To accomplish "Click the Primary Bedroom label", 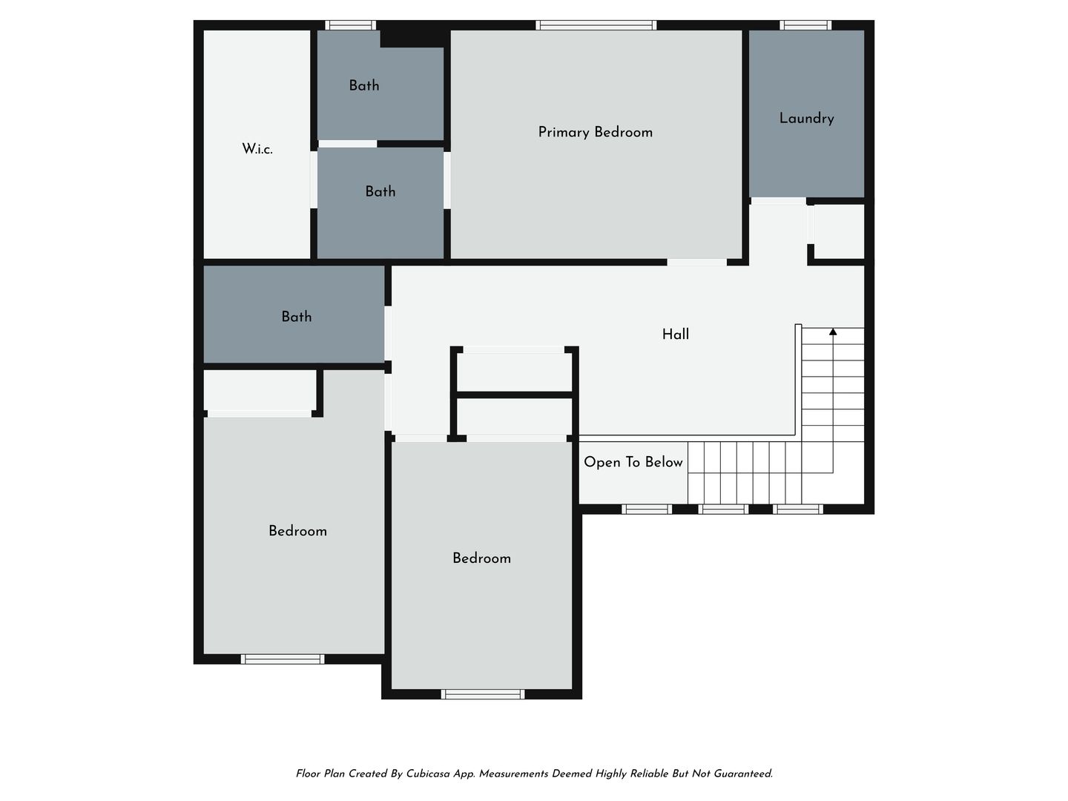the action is [x=595, y=132].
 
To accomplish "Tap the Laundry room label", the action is [x=806, y=118].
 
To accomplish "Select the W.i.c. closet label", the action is [x=257, y=149].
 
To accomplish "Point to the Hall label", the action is [x=676, y=334].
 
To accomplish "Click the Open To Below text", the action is [x=633, y=462].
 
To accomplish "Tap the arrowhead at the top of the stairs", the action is [x=832, y=332].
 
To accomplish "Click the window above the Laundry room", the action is [x=805, y=24].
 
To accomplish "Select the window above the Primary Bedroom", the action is [x=596, y=24].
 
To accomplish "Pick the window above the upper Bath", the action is [x=350, y=24].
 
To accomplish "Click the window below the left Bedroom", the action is [x=283, y=659].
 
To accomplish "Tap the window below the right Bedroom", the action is [x=483, y=694].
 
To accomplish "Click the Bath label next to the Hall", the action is [x=297, y=317].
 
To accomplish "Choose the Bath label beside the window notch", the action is [x=364, y=85].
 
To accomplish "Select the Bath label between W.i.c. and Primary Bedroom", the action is [x=380, y=191].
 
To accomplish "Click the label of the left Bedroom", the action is [x=297, y=530].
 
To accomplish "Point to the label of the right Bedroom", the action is [x=481, y=558].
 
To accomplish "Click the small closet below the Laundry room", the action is [x=839, y=231].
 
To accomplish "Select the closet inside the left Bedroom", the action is [x=260, y=391].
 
